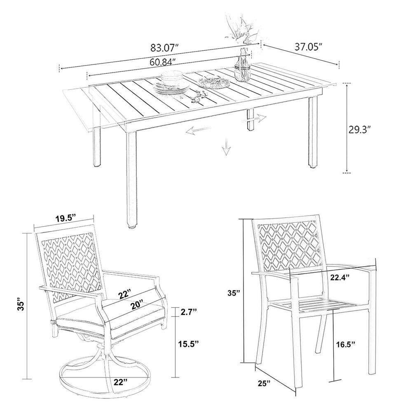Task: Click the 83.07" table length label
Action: coord(165,48)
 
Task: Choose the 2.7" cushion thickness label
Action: coord(188,312)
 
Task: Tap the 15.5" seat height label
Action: coord(187,344)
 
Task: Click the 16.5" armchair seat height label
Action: coord(346,344)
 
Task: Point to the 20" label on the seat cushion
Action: coord(138,304)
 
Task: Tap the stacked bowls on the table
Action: coord(172,77)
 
